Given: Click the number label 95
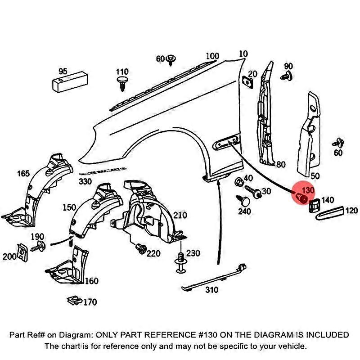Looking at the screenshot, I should tap(63, 71).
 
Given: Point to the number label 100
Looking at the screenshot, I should tap(212, 56).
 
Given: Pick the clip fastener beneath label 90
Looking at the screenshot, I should tap(288, 77).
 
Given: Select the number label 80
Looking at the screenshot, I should tap(281, 164).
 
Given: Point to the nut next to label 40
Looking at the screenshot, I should tap(239, 183).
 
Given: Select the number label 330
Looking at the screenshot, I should tap(85, 182).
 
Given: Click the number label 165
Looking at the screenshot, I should tap(23, 174).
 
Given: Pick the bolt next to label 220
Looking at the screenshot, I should tap(140, 248).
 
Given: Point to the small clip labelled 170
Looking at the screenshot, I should tap(72, 299).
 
